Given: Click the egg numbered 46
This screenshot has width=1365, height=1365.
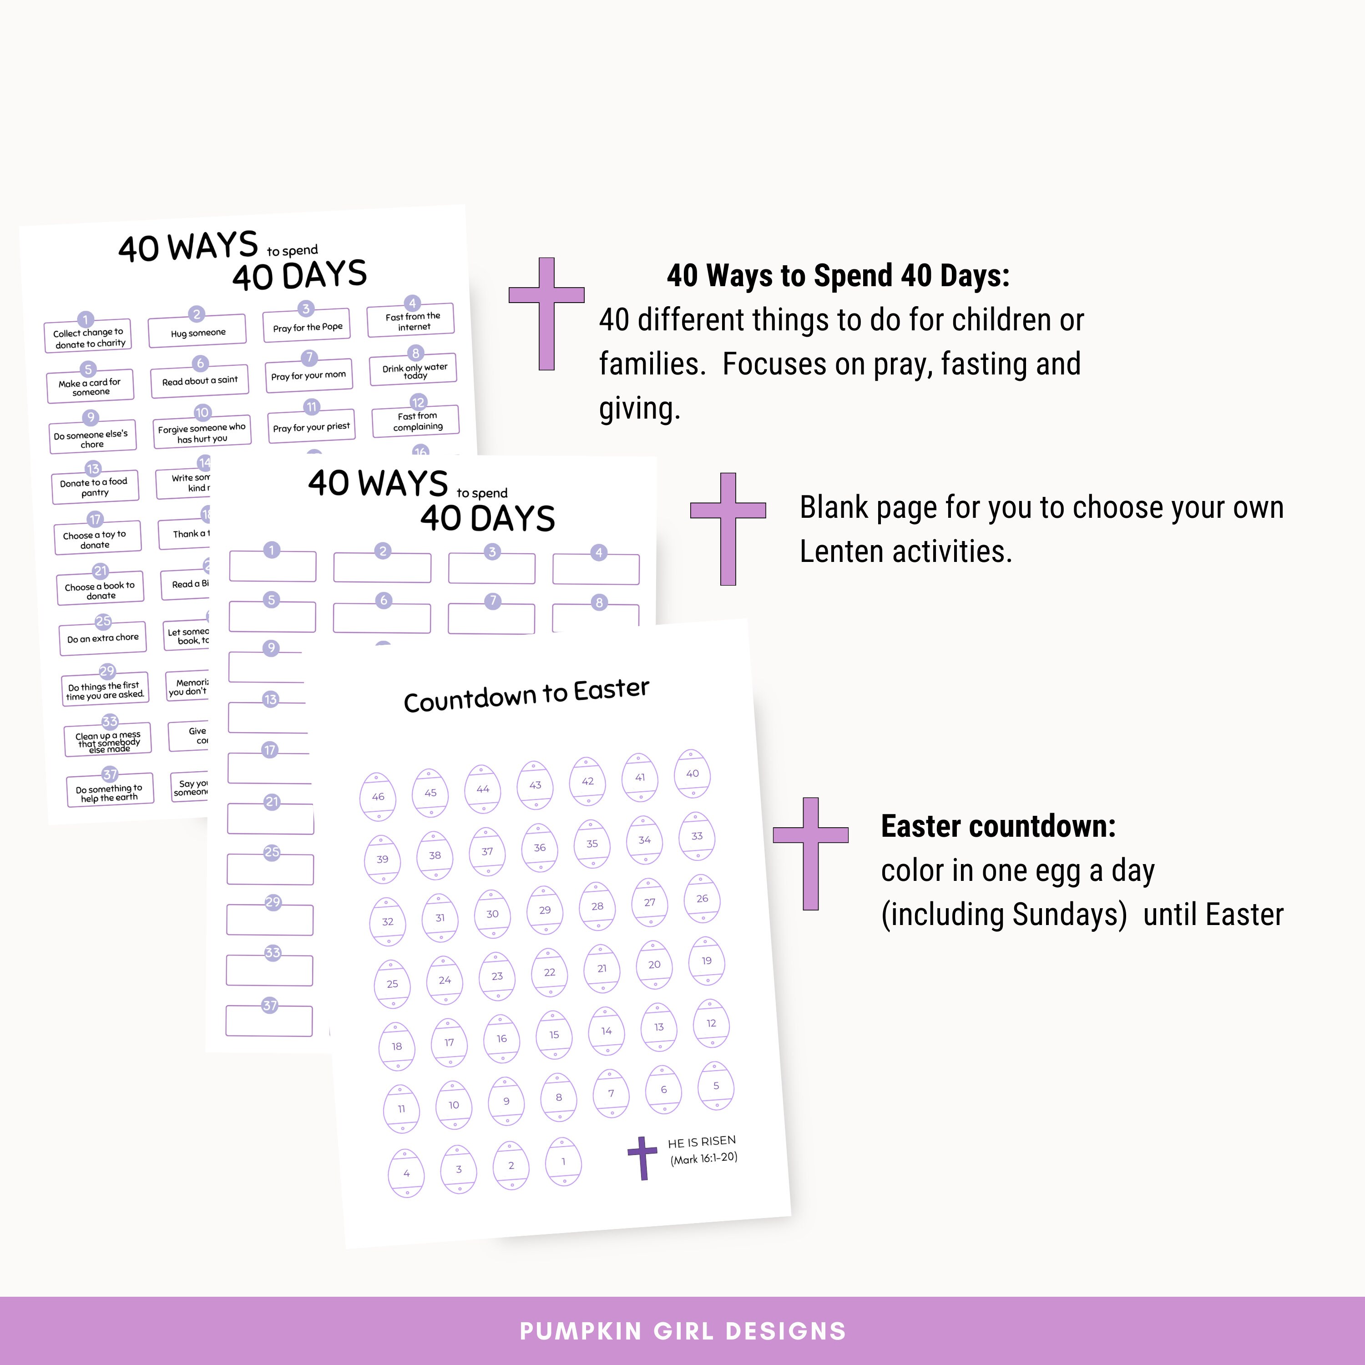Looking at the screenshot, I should [378, 796].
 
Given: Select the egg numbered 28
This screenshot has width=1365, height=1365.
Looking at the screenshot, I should [597, 906].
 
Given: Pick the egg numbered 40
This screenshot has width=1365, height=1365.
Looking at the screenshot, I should [693, 773].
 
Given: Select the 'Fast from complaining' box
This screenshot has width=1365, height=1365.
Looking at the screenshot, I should [417, 421].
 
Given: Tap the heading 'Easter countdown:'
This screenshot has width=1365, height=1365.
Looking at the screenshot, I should [998, 826].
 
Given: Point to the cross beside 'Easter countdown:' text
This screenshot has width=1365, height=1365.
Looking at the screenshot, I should [810, 854].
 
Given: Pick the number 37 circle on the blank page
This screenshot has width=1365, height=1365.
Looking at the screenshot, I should [270, 1006].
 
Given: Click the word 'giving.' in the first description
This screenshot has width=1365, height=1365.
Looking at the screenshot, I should [639, 409].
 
